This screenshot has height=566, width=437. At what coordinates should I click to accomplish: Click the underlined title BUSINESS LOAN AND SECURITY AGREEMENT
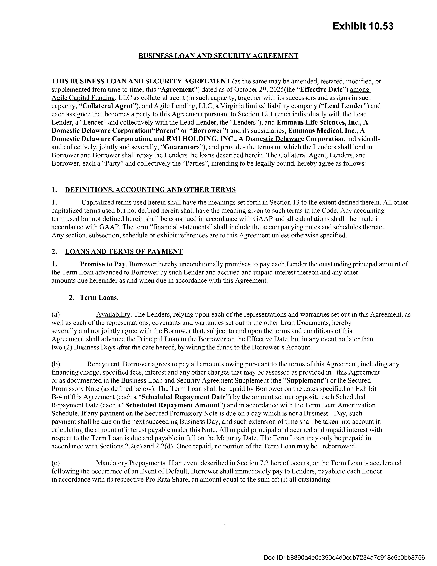click(218, 56)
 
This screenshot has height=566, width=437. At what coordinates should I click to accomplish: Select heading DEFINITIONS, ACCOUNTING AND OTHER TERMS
click(150, 190)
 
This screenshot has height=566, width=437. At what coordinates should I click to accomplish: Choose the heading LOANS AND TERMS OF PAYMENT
click(124, 252)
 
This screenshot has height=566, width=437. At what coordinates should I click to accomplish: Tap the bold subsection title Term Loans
click(98, 298)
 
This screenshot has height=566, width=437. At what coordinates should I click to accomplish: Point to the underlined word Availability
click(113, 315)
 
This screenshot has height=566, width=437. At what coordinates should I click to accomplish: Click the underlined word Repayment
click(103, 364)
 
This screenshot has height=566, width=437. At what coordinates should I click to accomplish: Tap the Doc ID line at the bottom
click(344, 557)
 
